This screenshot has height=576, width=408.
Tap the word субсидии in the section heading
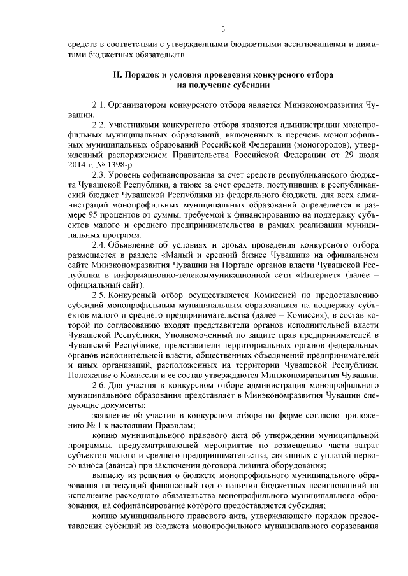(251, 85)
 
